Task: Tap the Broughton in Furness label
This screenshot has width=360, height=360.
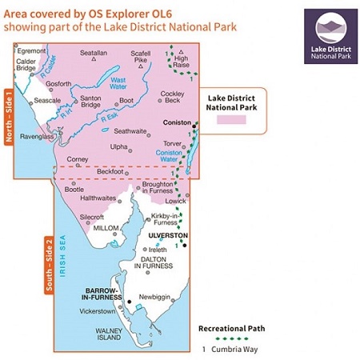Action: [x=162, y=188]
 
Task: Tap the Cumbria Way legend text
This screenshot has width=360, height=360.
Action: [x=232, y=349]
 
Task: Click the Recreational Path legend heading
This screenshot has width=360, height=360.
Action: [x=232, y=328]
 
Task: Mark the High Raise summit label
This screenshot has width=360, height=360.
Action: [x=182, y=62]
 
